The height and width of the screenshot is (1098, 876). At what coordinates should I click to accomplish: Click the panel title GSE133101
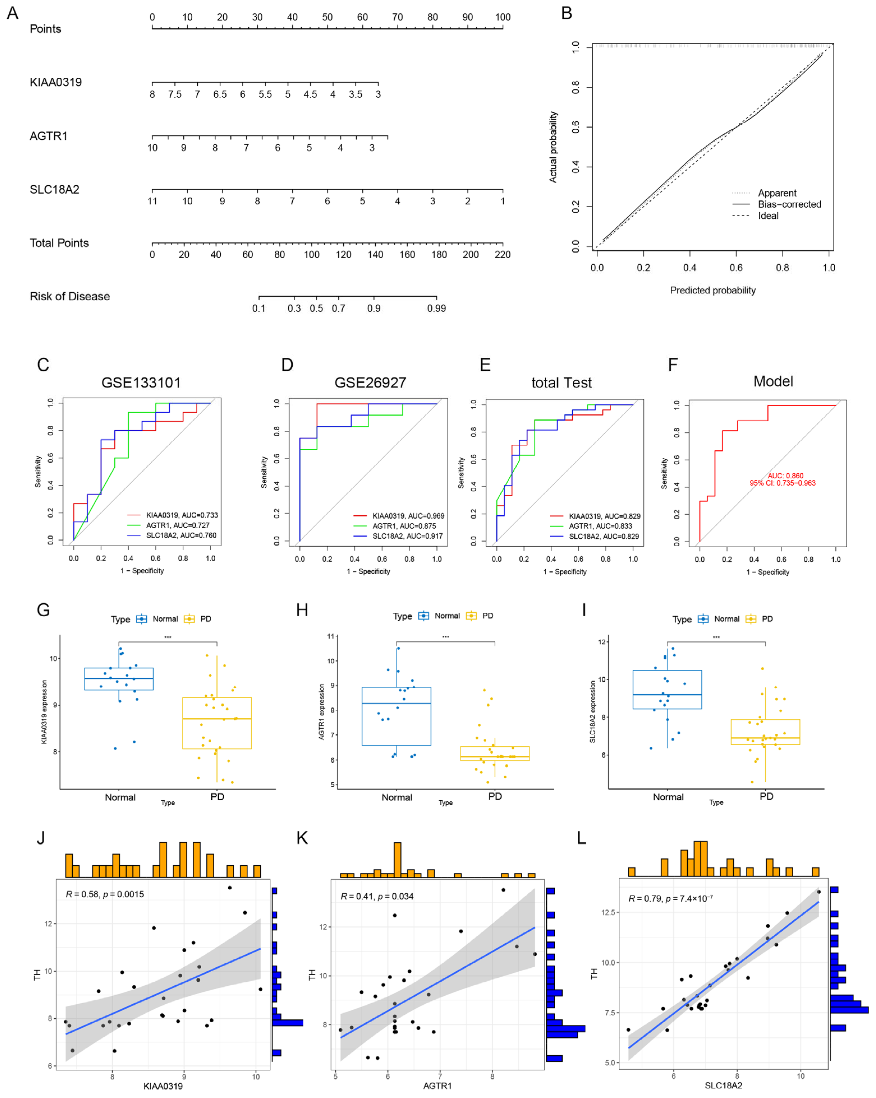[141, 382]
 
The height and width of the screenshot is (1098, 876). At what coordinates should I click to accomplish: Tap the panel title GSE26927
[370, 382]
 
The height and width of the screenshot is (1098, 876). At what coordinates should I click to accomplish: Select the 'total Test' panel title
[561, 382]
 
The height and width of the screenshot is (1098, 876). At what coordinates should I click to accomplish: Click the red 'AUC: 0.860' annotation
[785, 476]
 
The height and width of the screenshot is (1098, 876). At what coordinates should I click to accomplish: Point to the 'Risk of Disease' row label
[70, 296]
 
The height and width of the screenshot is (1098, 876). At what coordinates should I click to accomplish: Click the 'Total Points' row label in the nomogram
[59, 243]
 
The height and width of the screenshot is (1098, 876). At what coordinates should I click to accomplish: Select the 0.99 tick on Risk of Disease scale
[436, 308]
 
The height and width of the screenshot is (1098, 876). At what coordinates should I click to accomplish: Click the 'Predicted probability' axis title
[713, 290]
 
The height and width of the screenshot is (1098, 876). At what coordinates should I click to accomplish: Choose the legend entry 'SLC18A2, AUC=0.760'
[181, 535]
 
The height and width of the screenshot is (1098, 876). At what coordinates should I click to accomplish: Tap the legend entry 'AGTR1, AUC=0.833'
[600, 526]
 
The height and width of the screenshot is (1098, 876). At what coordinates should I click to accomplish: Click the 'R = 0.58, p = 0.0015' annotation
[105, 894]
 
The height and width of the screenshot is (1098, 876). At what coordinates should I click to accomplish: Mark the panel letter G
[43, 610]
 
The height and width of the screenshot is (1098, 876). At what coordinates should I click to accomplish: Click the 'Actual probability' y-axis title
[553, 147]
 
